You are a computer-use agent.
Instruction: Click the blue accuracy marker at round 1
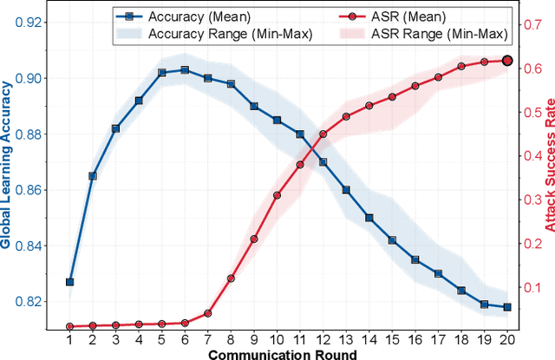70,282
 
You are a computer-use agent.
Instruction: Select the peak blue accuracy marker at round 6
184,69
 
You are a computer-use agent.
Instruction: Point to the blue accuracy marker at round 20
507,307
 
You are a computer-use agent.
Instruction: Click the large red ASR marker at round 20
507,61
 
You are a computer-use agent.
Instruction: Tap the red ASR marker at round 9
254,239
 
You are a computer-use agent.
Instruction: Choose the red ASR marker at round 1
70,326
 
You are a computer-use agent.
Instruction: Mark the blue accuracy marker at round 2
93,175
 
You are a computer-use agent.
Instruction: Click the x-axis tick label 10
277,341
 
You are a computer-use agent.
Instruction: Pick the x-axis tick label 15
392,341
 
